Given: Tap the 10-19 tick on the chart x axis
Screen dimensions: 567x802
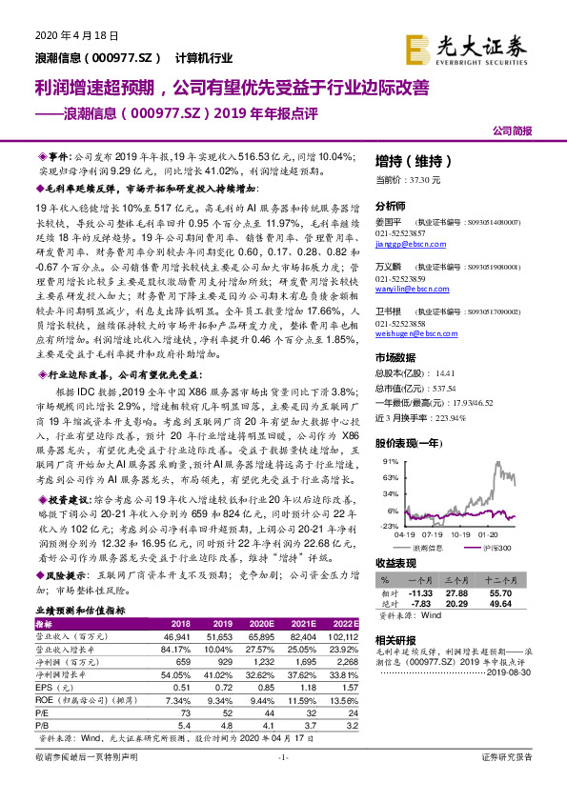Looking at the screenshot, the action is tap(460, 534).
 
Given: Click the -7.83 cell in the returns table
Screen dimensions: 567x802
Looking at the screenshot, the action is tap(419, 604).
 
